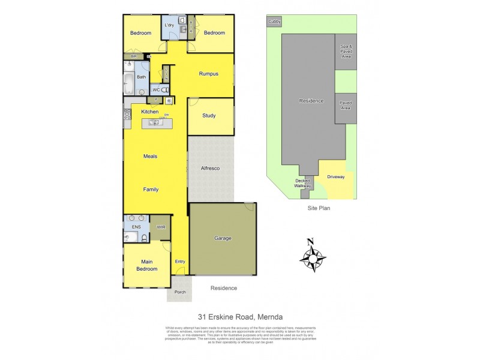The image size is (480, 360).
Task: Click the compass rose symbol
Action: coord(312,256)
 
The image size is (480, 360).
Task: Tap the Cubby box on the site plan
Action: coord(274,22)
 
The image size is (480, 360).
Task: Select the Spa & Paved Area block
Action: coord(345,52)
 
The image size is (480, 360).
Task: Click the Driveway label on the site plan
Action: coord(336,176)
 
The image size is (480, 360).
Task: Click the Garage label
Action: coord(223,238)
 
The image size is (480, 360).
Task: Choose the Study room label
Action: coord(209,116)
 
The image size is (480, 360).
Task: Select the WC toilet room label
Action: coord(155,90)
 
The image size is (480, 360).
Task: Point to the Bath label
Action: coord(142,77)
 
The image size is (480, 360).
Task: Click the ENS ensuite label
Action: coord(136,227)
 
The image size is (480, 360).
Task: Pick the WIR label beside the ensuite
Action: coord(161,227)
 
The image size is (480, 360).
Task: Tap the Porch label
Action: coord(179,292)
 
